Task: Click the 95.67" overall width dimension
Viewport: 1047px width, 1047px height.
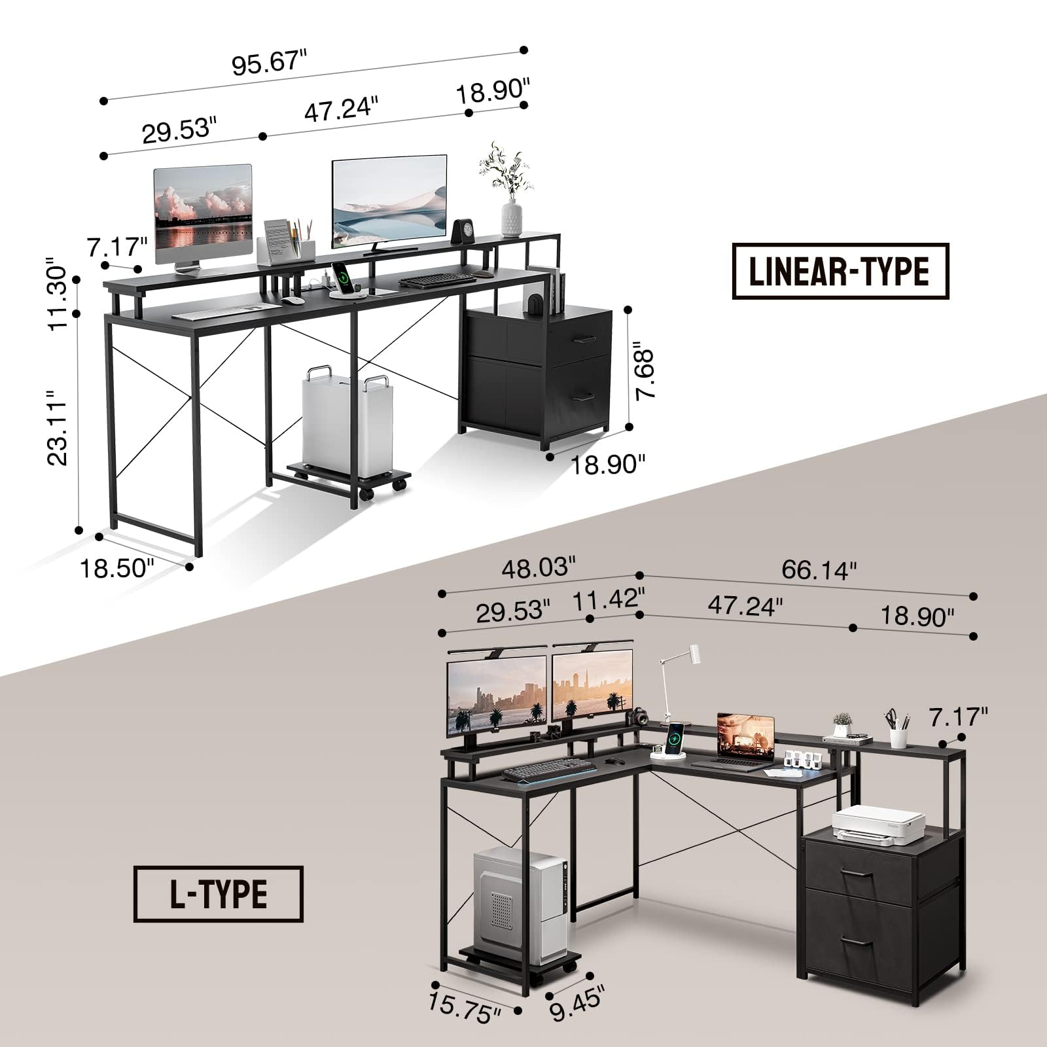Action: [x=269, y=63]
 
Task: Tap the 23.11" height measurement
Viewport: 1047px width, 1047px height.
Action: [x=58, y=428]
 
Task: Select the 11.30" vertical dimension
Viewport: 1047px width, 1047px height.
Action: [x=58, y=298]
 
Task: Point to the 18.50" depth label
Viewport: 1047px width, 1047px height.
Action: [x=116, y=568]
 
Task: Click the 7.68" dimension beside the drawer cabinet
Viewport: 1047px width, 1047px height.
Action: [x=644, y=374]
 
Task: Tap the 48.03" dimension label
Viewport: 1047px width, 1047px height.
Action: [x=539, y=567]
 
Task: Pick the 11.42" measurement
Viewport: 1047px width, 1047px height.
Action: [x=609, y=599]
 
